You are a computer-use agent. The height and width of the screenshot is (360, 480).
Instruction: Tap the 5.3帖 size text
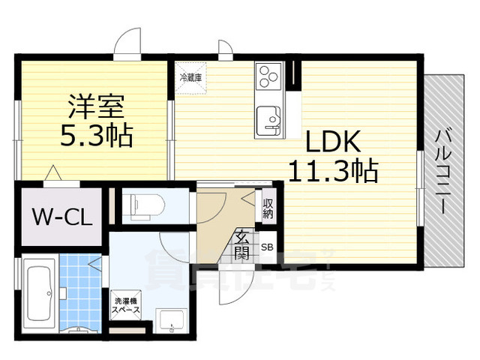pos(95,136)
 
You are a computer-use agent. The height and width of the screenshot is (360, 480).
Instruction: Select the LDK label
pos(332,141)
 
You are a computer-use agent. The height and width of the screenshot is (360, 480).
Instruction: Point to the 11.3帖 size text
pos(333,171)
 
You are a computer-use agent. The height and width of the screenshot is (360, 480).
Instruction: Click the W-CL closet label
pos(62,217)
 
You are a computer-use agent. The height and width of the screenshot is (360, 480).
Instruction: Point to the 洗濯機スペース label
pos(125,305)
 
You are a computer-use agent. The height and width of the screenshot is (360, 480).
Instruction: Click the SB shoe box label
pos(267,246)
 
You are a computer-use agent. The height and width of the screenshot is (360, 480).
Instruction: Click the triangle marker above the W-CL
pos(52,174)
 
